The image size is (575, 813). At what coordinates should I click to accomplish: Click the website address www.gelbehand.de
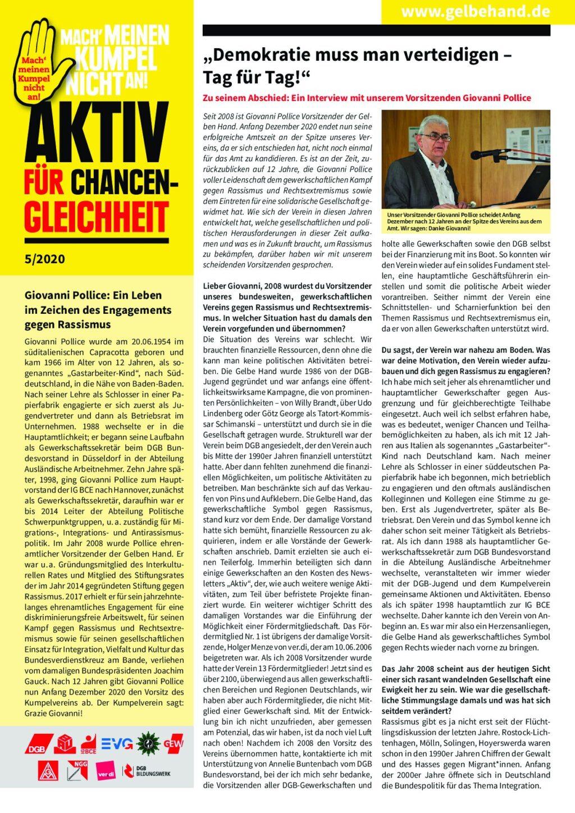point(475,11)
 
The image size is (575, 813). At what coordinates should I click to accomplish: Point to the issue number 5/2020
point(44,259)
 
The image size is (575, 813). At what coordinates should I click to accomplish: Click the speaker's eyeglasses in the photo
point(436,136)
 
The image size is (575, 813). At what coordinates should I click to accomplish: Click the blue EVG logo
point(117,745)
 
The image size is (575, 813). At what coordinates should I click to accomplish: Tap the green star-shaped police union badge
point(148,743)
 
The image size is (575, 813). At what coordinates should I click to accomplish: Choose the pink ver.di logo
point(106,771)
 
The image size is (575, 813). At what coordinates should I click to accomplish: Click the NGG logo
point(77,771)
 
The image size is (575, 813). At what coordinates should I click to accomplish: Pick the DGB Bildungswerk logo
point(145,771)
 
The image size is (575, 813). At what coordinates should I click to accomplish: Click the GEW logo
point(174,745)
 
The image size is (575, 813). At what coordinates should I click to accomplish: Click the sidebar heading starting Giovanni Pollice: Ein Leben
point(98,309)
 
